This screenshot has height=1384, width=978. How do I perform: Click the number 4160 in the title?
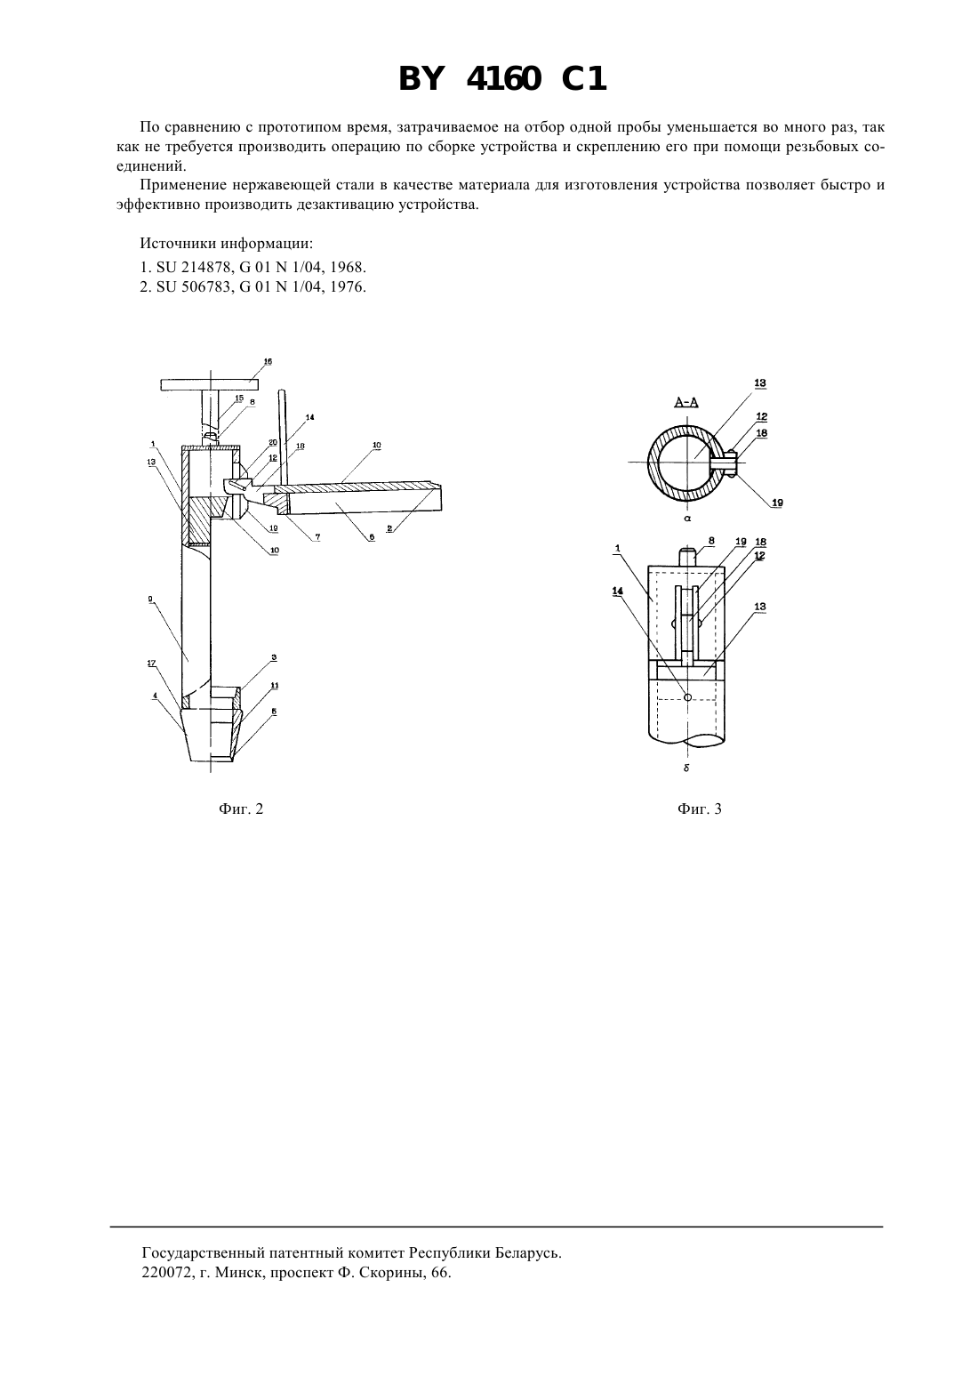point(504,79)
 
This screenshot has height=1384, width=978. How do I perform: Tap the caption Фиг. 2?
point(241,809)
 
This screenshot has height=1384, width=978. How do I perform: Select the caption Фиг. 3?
point(699,809)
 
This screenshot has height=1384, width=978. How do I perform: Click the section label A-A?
point(686,403)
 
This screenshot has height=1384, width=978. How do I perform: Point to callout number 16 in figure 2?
point(268,361)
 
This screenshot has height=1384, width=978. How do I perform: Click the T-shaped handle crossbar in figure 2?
point(209,384)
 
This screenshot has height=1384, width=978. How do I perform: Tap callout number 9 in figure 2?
point(151,599)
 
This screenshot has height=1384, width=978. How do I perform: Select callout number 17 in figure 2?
point(151,664)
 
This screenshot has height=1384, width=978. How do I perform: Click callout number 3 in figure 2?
point(274,657)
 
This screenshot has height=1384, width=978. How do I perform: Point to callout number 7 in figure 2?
point(318,537)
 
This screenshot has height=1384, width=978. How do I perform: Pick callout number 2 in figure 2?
point(389,529)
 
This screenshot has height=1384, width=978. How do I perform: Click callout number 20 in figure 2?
point(273,442)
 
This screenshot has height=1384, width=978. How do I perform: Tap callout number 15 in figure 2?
point(239,398)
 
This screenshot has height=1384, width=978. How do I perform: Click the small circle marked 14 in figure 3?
point(687,697)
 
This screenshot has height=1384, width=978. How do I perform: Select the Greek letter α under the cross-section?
point(687,519)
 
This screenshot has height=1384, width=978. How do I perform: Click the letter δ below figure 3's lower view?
point(686,768)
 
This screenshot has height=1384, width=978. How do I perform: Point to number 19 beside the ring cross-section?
point(777,503)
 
